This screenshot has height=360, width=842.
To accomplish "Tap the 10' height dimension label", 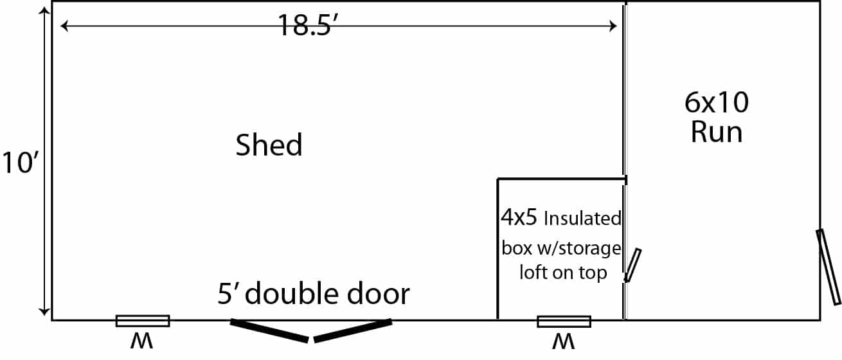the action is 20,163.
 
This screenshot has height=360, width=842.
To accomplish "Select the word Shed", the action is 269,145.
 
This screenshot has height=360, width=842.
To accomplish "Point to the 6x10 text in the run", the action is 717,102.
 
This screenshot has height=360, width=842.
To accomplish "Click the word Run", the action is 717,132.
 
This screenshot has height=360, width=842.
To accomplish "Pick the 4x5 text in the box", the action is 519,217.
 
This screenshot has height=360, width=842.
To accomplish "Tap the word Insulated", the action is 582,219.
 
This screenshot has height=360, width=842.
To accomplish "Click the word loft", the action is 533,272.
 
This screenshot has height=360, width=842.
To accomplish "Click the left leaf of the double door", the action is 269,330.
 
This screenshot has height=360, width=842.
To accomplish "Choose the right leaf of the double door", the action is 353,330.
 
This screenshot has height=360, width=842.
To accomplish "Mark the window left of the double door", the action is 143,321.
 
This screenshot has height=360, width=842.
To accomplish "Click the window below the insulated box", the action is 564,321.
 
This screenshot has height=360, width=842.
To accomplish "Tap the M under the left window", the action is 141,341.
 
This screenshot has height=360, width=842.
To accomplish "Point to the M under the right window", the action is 564,341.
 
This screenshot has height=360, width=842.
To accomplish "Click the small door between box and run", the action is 632,265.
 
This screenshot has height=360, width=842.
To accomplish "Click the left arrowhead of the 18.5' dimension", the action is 64,26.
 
